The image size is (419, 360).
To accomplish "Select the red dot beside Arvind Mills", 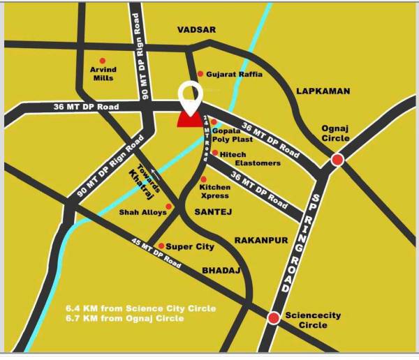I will click(103, 61).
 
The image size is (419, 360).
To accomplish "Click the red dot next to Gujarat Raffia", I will click(200, 74).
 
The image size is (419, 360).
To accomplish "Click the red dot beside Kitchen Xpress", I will click(203, 179).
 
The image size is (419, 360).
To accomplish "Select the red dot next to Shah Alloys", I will click(168, 207).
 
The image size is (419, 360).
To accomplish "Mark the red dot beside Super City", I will click(161, 246).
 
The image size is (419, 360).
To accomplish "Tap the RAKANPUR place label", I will click(261, 240).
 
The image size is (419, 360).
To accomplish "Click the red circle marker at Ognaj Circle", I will click(337, 160).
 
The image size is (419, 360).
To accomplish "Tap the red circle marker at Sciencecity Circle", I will click(274, 318).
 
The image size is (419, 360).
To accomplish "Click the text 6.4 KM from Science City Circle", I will click(140, 308).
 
